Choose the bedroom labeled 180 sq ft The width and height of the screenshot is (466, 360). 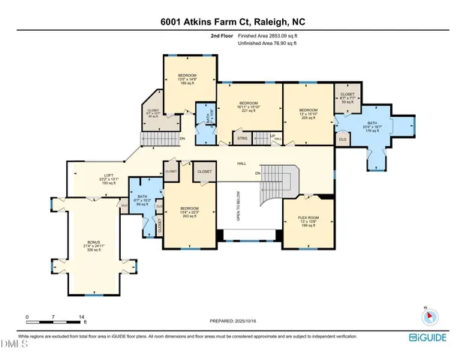pyautogui.click(x=187, y=79)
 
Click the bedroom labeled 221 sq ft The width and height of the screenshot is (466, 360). pyautogui.click(x=248, y=106)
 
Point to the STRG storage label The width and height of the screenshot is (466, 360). pyautogui.click(x=242, y=138)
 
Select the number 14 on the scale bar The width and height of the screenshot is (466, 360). pyautogui.click(x=80, y=318)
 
